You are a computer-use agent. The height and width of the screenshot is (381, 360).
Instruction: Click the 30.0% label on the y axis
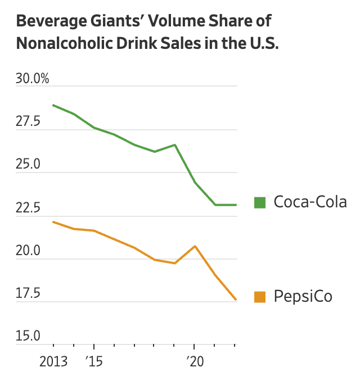point(33,79)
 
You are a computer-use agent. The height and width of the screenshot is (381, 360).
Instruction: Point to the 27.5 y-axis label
point(29,122)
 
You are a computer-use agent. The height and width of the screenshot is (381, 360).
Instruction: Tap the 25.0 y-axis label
point(29,165)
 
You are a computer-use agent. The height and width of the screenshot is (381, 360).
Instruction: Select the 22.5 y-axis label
point(29,208)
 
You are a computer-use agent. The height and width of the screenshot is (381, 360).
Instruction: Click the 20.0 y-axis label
point(29,251)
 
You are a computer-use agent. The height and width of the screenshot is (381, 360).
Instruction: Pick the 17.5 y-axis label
point(29,294)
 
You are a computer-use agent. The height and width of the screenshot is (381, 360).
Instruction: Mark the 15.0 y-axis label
point(29,337)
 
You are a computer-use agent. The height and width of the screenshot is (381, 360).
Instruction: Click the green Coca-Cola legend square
point(259,202)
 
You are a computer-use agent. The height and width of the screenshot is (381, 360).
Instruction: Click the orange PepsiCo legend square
point(259,296)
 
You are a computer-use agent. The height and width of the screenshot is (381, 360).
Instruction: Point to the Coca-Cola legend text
point(310,202)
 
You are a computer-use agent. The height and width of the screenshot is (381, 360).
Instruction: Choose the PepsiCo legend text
point(303,296)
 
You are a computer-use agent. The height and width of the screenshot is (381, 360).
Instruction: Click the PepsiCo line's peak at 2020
point(194,246)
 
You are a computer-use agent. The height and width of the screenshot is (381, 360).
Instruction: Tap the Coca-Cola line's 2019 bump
point(175,145)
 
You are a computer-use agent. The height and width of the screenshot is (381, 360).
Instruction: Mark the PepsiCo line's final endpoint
point(235,300)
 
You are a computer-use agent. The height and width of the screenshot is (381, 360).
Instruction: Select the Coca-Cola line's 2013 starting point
point(53,105)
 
